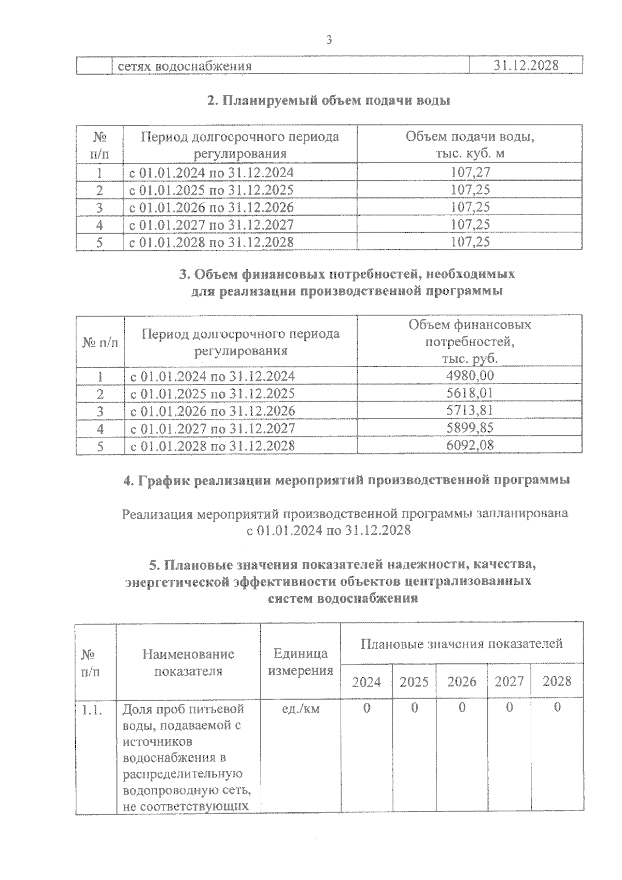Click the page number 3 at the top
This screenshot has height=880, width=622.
tap(328, 40)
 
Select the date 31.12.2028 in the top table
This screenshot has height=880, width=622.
tap(526, 66)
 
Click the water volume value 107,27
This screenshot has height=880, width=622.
tap(470, 172)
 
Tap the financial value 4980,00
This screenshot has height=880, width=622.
tap(470, 375)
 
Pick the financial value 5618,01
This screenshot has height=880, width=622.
tap(470, 393)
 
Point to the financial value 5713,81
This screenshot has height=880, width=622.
tap(470, 410)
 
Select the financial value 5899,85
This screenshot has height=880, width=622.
tap(470, 428)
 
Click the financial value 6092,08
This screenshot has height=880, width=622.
tap(470, 445)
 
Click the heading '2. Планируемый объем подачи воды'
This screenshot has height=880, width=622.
tap(329, 101)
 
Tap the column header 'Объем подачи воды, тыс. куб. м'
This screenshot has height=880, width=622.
tap(470, 145)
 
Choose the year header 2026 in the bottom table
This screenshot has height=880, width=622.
tap(461, 682)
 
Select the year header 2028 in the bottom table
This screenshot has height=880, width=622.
tap(557, 682)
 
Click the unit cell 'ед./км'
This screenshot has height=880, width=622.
tap(301, 708)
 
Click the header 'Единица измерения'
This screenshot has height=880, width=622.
tap(301, 662)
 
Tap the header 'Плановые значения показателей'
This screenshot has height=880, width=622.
tap(461, 644)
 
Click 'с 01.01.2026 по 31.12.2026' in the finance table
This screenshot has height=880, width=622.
tap(213, 411)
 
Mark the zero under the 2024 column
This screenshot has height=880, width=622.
tap(366, 708)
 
